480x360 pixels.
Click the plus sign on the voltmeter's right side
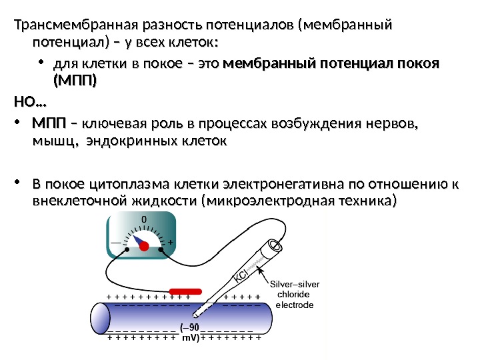171,242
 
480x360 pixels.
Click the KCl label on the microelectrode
241,275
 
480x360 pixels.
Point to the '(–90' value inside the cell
189,327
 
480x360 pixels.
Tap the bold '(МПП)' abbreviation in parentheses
75,81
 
